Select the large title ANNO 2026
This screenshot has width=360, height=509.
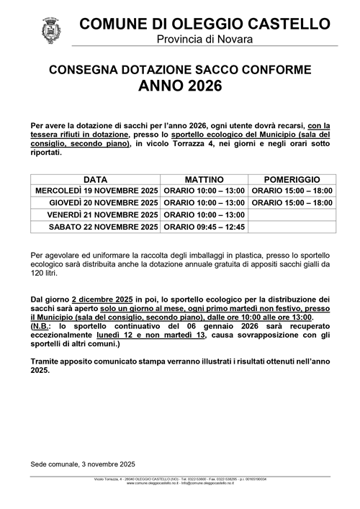(180, 87)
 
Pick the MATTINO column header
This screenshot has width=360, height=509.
(204, 179)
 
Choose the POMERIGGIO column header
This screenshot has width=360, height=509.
(292, 179)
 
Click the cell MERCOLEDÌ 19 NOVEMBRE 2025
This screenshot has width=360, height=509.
(96, 191)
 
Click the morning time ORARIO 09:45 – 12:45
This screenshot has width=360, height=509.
(204, 227)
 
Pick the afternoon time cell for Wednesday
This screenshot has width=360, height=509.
(292, 191)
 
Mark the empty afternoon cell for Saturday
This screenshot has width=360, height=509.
(292, 227)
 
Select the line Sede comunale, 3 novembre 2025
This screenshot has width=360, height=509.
(83, 464)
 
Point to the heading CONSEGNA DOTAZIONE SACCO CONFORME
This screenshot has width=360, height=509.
(180, 71)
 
